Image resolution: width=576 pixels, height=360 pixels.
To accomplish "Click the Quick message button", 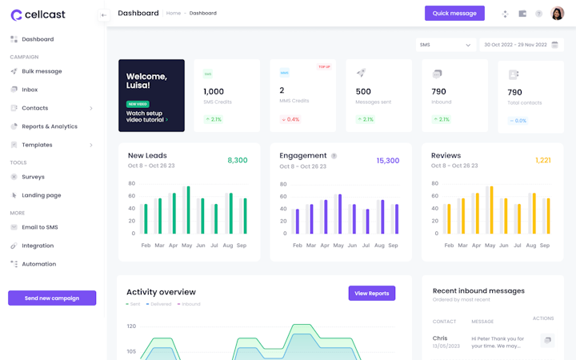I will tap(454, 14).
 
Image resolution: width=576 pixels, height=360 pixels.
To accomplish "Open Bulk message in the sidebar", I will tap(42, 71).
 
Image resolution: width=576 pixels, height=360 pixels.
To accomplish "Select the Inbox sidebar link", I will tap(30, 90).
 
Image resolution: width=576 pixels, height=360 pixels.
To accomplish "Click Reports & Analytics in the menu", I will tap(50, 126).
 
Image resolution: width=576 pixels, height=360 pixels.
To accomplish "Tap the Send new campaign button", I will tap(52, 298).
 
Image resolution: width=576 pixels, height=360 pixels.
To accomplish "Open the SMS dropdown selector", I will tap(446, 46).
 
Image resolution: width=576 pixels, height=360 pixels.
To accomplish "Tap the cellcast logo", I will tap(38, 14).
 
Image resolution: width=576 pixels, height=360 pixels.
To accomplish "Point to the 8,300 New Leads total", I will tap(238, 160).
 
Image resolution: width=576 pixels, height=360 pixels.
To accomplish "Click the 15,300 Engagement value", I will tap(388, 160).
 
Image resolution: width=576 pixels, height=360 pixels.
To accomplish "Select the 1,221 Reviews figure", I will tap(543, 160).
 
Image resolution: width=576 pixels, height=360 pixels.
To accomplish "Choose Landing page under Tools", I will tap(42, 195).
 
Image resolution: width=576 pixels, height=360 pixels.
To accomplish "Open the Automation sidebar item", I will tap(39, 264).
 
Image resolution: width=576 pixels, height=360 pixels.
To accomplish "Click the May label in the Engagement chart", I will tap(338, 246).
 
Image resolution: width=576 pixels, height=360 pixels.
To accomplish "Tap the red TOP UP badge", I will tap(324, 67).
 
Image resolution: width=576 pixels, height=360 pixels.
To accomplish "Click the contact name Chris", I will tap(440, 338).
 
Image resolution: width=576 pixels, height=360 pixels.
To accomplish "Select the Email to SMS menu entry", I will tap(40, 227).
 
